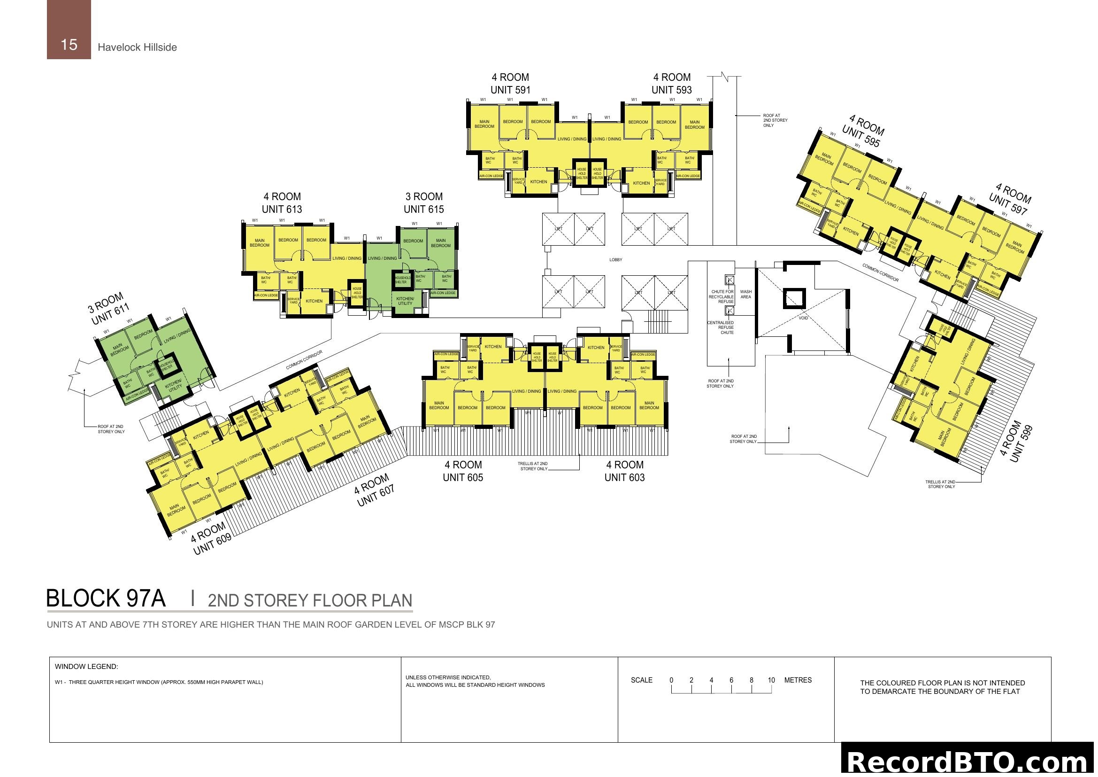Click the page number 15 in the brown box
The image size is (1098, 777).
(69, 45)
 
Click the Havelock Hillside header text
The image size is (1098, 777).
(137, 47)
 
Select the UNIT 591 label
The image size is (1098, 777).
(510, 90)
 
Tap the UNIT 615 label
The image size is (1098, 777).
(423, 209)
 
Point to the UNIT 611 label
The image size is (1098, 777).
(111, 316)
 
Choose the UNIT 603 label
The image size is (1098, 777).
(624, 477)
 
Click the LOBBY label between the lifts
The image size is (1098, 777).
(615, 260)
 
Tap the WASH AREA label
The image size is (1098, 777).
(745, 294)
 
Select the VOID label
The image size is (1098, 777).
(803, 318)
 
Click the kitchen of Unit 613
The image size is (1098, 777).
(314, 301)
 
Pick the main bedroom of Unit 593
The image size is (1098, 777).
(694, 125)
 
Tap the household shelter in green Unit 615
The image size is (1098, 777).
(402, 280)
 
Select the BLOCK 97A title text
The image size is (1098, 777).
(106, 598)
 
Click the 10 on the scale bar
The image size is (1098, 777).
(771, 680)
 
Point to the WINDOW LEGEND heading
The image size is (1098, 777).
(86, 667)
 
